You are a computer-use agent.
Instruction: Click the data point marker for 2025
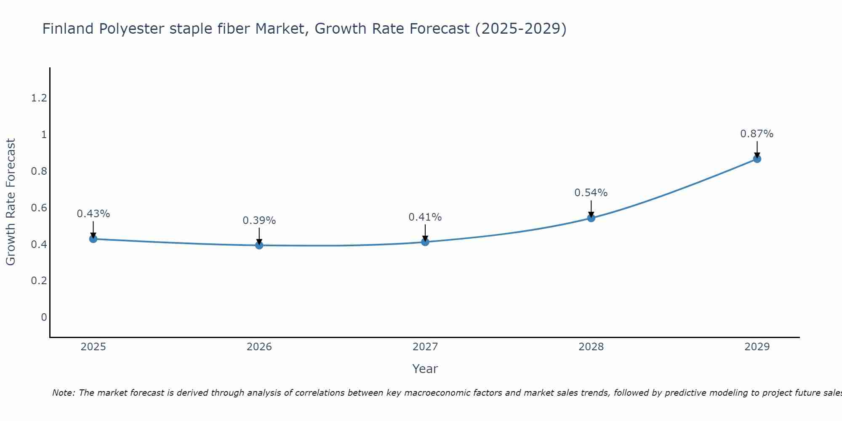click(93, 239)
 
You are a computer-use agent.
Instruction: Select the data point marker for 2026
click(259, 245)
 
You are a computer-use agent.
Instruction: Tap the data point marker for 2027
click(425, 242)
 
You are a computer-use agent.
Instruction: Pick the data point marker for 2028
click(591, 218)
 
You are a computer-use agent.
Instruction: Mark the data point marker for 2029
click(757, 159)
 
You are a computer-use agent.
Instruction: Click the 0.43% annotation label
click(93, 214)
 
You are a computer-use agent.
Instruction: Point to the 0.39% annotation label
click(259, 221)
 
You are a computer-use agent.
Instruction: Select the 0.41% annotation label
click(425, 217)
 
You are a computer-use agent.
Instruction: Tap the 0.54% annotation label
click(591, 193)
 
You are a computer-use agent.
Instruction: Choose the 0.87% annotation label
click(757, 134)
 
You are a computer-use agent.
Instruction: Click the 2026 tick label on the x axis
click(259, 347)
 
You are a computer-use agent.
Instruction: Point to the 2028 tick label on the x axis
click(591, 347)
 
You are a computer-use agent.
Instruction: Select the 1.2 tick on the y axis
click(39, 98)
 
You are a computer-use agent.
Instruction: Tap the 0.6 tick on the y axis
click(39, 208)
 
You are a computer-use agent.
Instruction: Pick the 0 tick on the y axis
click(44, 317)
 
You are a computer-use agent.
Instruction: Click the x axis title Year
click(425, 369)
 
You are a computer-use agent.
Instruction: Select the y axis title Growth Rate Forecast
click(11, 202)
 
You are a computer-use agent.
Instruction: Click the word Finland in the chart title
click(68, 29)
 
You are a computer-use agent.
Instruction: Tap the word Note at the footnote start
click(63, 393)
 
